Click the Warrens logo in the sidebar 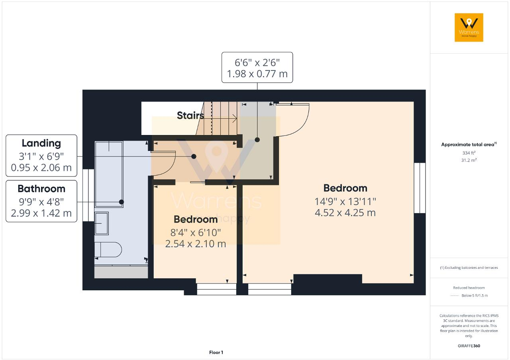[469, 27]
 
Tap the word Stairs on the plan [190, 115]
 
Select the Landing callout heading [41, 143]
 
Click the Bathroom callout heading [41, 188]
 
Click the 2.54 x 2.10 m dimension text [196, 244]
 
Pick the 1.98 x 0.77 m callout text [257, 74]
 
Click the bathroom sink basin [102, 224]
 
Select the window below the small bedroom [217, 289]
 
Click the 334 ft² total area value [469, 153]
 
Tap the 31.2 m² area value [469, 160]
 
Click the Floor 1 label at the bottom [216, 352]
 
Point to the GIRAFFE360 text [469, 346]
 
